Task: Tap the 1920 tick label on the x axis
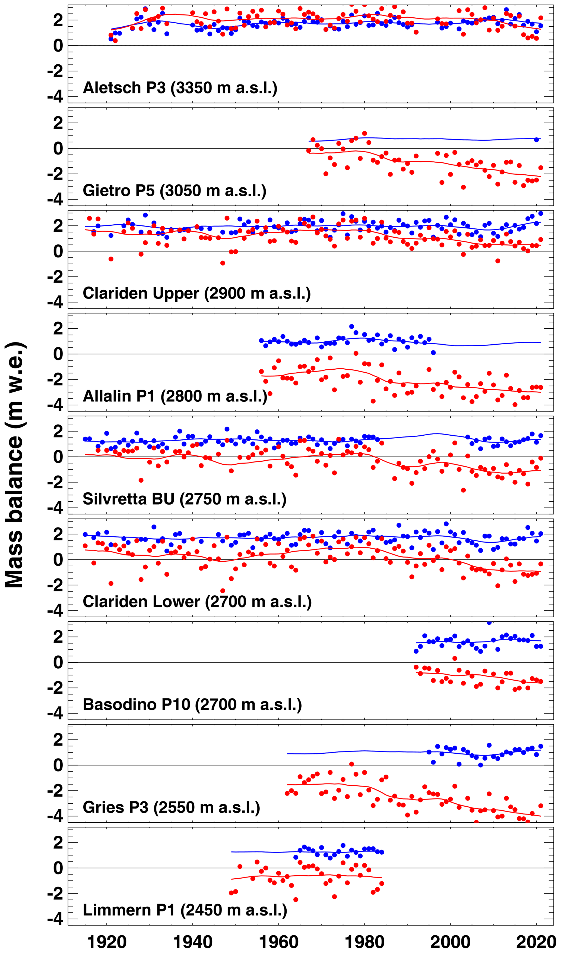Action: coord(107,942)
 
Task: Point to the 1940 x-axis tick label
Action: coord(193,942)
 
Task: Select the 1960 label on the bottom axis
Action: coord(279,942)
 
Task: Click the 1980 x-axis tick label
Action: coord(365,942)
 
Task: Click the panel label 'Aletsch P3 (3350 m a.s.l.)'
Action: coord(180,88)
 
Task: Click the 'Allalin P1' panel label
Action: coord(175,396)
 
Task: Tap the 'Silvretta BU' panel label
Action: coord(185,499)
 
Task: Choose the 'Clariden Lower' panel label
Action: coord(197,602)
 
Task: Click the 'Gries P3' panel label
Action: coord(171,808)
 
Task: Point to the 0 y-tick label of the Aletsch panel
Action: coord(58,46)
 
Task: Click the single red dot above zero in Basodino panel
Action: coord(455,658)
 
